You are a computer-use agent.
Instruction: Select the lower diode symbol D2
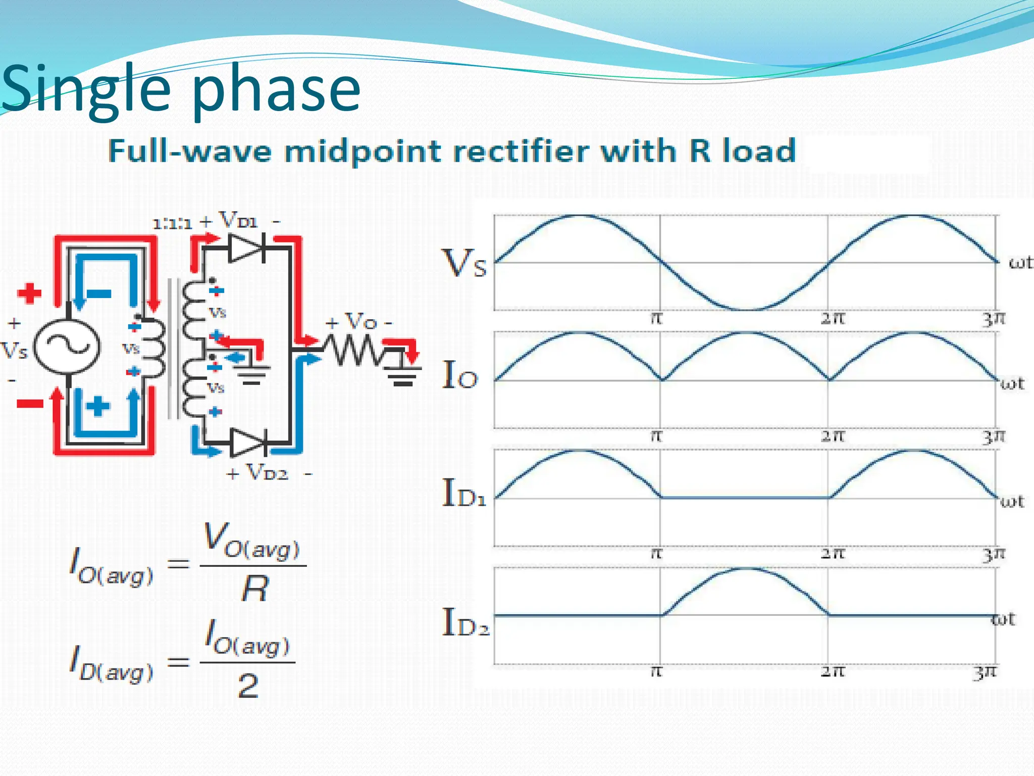247,443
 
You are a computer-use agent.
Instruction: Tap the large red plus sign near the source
29,293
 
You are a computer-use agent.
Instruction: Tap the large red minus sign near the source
30,403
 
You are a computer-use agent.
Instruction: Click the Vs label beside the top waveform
464,264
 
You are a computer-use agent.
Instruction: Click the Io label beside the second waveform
459,377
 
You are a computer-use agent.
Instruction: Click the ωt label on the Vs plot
1020,263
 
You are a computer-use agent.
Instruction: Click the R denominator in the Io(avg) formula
255,589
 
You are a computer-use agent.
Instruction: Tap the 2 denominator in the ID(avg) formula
248,687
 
